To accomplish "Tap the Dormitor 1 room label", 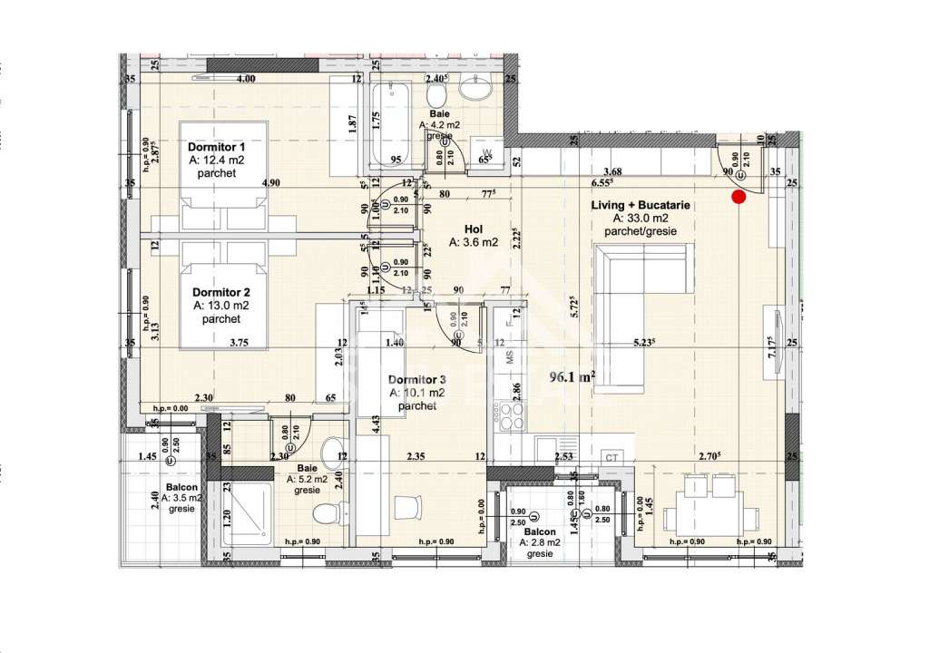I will click(x=217, y=147).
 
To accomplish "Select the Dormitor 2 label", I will click(x=220, y=293).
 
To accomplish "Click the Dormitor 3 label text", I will click(x=416, y=379).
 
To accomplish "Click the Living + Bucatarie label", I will click(x=641, y=206).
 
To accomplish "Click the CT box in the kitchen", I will click(x=612, y=458).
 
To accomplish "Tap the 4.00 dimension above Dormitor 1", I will click(x=245, y=79).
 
